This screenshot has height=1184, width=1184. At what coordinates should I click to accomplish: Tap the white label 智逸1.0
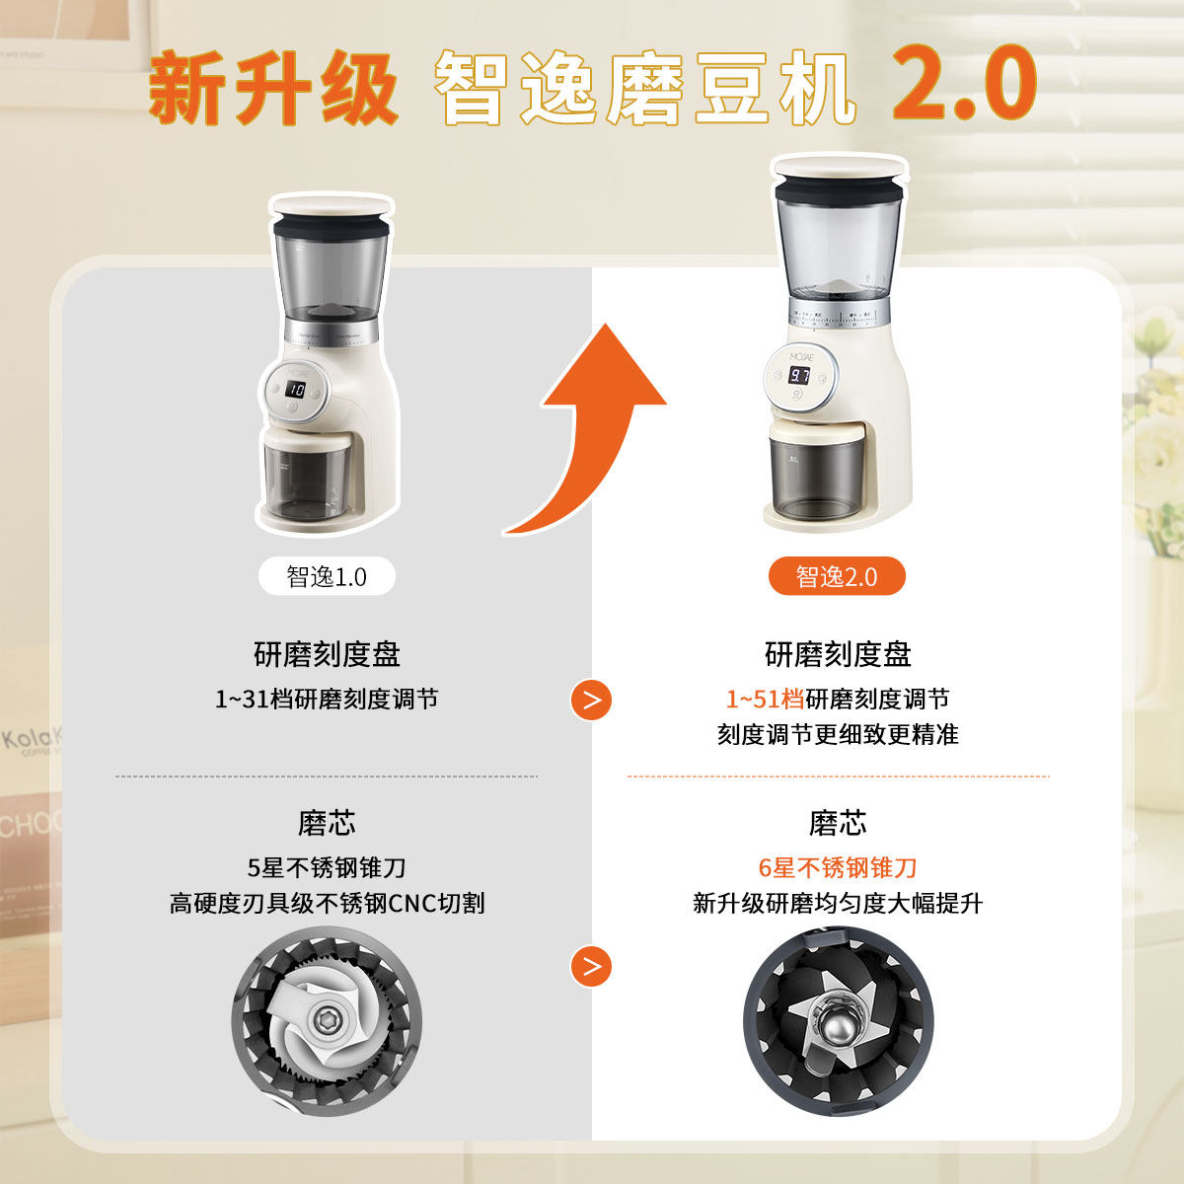[327, 576]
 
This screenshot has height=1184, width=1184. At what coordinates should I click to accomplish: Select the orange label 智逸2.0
[837, 576]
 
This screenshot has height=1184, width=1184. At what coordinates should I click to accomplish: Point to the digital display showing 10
[295, 390]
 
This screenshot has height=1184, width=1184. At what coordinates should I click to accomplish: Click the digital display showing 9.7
[800, 376]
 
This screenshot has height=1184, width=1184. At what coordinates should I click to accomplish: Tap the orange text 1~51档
[765, 700]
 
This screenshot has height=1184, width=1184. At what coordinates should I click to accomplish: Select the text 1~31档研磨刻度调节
[327, 700]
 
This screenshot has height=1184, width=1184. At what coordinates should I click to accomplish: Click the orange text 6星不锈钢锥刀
[837, 867]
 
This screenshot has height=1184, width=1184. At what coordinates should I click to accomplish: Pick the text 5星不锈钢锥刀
[327, 867]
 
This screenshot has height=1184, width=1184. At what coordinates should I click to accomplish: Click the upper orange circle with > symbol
[591, 701]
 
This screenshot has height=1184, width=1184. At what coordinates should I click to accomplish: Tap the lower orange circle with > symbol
[591, 966]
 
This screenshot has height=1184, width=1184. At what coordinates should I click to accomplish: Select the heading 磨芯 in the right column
[837, 823]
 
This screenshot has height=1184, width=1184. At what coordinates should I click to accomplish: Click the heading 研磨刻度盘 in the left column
[327, 654]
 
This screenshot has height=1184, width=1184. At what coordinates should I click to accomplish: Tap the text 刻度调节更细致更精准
[837, 735]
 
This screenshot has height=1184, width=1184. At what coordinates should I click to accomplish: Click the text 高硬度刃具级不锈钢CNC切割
[327, 903]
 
